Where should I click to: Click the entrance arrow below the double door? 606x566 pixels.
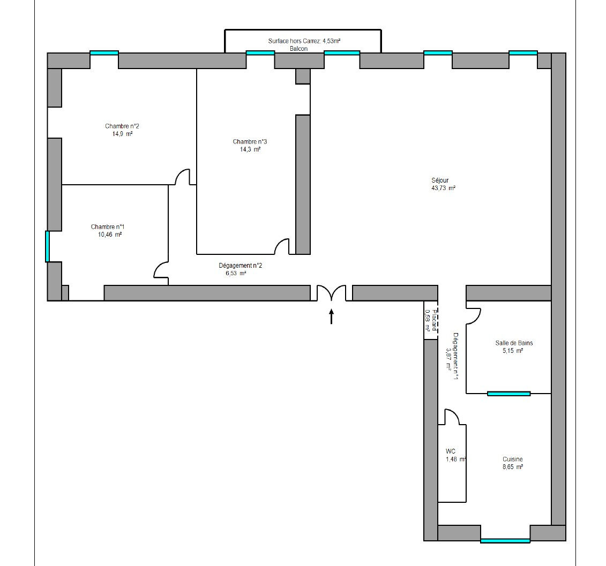pos(331,316)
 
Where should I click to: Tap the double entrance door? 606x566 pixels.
pos(331,292)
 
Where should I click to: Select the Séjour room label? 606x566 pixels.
pos(440,180)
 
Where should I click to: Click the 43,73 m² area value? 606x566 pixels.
pos(443,188)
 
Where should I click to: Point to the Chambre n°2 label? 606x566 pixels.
pos(122,126)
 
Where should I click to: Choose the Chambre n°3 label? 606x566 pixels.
pos(250,142)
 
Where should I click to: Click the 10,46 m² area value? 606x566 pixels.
pos(110,235)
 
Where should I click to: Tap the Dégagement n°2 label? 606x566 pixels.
pos(241,266)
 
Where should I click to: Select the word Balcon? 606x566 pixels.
pos(299,49)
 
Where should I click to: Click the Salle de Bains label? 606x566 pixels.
pos(514,343)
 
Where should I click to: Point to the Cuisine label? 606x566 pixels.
pos(512,459)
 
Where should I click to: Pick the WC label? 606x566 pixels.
pos(450,451)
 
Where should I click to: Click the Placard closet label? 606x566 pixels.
pos(435,321)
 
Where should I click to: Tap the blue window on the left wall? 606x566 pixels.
pos(48,246)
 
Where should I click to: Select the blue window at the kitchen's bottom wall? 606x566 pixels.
pos(505,541)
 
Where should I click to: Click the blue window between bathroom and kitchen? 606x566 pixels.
pos(508,394)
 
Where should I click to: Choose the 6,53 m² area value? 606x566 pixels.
pos(236,274)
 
